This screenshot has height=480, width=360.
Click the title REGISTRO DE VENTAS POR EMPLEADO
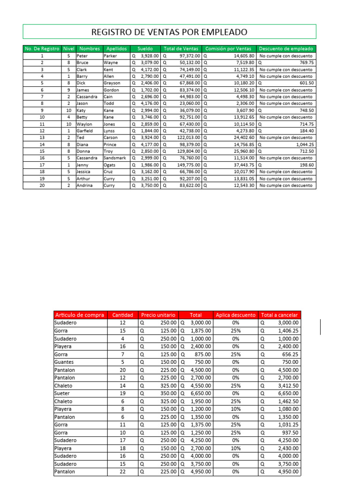tap(169, 32)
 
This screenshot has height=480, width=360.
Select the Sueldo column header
tap(145, 48)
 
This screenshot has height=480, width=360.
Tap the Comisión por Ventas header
tap(228, 48)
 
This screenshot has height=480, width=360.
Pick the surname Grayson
tap(112, 83)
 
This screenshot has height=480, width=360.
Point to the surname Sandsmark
tap(115, 158)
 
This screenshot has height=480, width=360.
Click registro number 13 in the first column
tap(42, 137)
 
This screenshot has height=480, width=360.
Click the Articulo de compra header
tap(80, 315)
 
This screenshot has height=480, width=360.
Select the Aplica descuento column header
tap(236, 315)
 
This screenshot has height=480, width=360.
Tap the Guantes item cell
tap(64, 362)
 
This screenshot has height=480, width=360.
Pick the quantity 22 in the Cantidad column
tap(123, 472)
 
